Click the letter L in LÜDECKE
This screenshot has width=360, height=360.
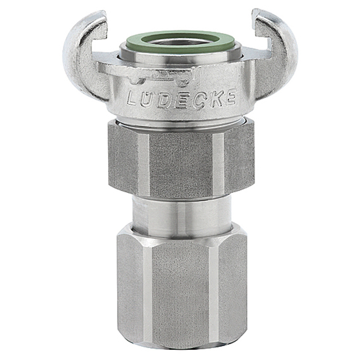(133, 99)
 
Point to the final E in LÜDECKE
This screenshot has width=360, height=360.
(229, 98)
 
